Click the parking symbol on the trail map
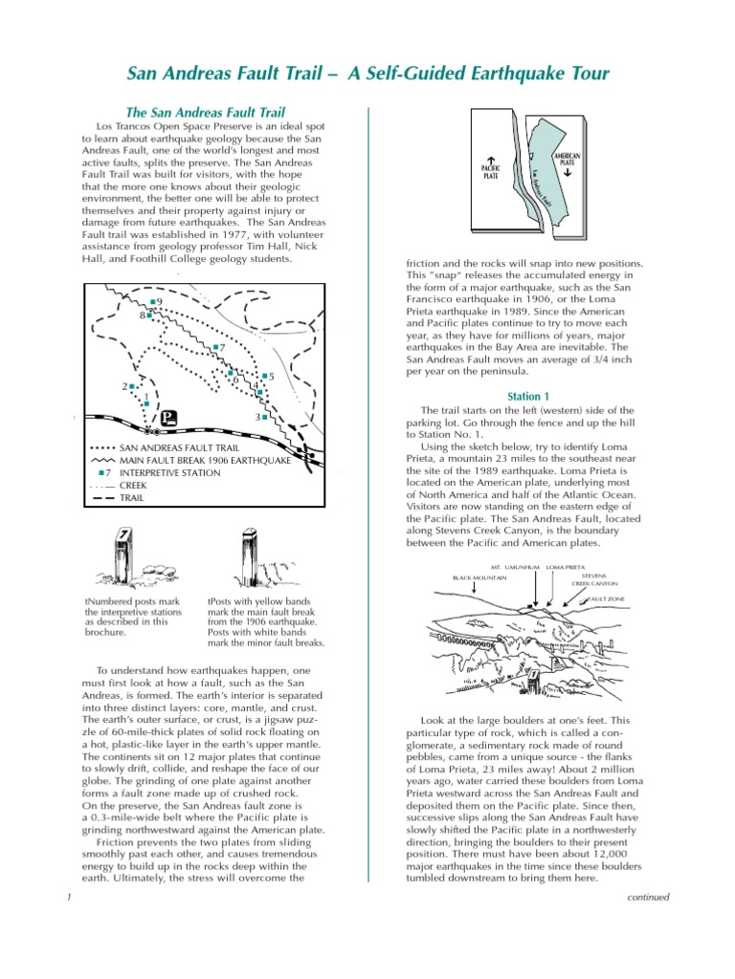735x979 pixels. coord(169,417)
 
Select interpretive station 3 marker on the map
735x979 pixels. coord(265,418)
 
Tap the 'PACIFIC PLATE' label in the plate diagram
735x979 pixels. coord(490,171)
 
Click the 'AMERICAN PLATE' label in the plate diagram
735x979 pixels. coord(568,160)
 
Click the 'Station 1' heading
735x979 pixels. coord(528,396)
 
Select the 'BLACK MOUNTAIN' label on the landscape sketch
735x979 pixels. coord(479,577)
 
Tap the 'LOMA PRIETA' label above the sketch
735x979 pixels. coord(565,567)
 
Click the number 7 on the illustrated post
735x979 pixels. coord(123,535)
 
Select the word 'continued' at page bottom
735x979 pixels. coord(647,897)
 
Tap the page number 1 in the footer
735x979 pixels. coord(69,897)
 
